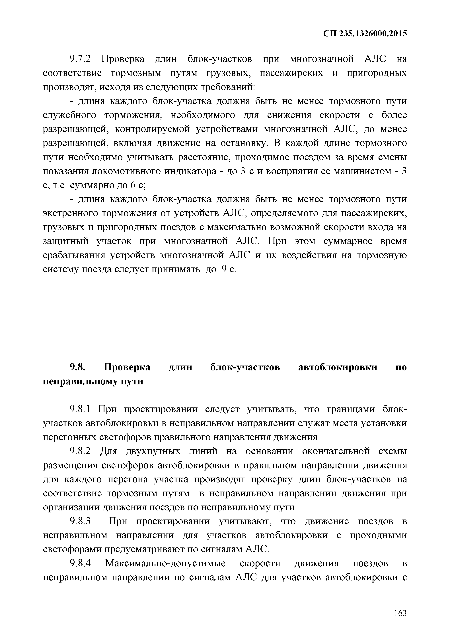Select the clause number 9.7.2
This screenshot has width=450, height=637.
[x=80, y=59]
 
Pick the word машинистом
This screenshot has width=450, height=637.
[x=362, y=171]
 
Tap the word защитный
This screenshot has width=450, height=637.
[x=65, y=241]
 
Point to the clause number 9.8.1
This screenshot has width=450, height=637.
[x=80, y=409]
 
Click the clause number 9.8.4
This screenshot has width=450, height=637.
[x=80, y=563]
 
